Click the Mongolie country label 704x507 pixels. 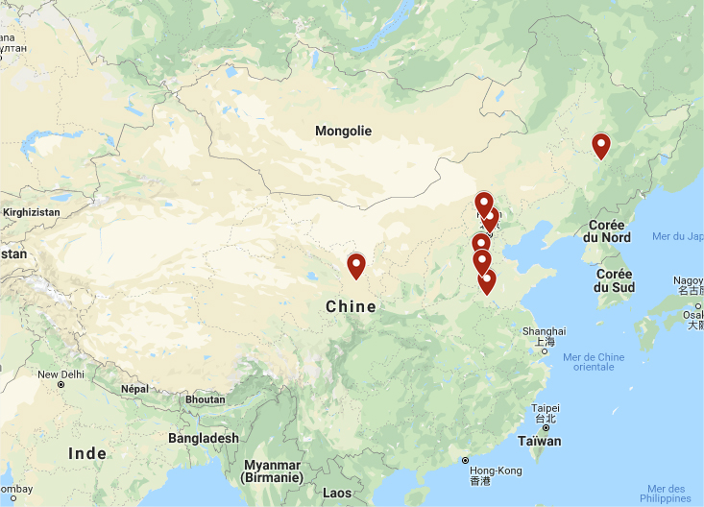(x=343, y=131)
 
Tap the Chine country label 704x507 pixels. (x=351, y=307)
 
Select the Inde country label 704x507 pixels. (x=87, y=453)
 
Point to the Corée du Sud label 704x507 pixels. (x=614, y=279)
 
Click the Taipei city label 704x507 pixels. (x=545, y=407)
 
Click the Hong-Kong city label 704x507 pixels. (x=496, y=471)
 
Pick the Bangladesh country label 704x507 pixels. (x=203, y=438)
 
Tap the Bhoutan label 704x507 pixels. (x=205, y=399)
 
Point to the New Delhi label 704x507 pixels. (x=61, y=374)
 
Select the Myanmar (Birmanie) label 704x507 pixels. (x=272, y=471)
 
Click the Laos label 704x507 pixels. (x=337, y=493)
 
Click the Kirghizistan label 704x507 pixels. (x=32, y=210)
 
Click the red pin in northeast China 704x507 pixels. (x=601, y=146)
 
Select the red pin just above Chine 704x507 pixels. (x=356, y=265)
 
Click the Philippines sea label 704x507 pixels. (x=667, y=494)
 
